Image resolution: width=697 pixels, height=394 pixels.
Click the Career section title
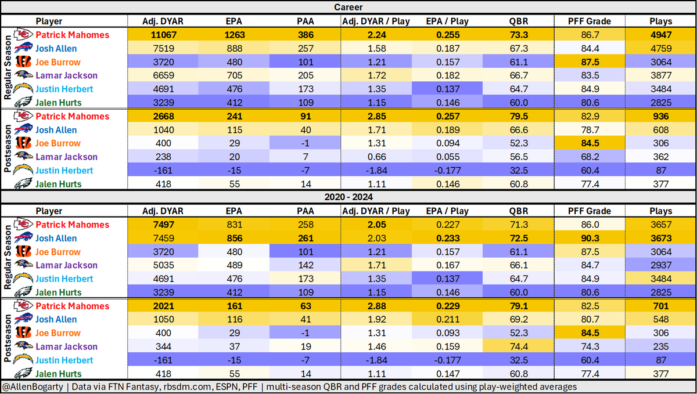coord(348,7)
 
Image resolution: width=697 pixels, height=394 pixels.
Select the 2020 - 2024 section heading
coord(348,197)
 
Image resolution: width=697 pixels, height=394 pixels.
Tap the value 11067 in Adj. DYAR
coord(163,35)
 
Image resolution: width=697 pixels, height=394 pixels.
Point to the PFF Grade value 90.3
coord(590,238)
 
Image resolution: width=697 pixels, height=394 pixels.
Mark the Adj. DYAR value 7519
coord(163,49)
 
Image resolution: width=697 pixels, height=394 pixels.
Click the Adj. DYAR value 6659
coord(163,75)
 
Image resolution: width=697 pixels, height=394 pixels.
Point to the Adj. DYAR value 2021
coord(163,306)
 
